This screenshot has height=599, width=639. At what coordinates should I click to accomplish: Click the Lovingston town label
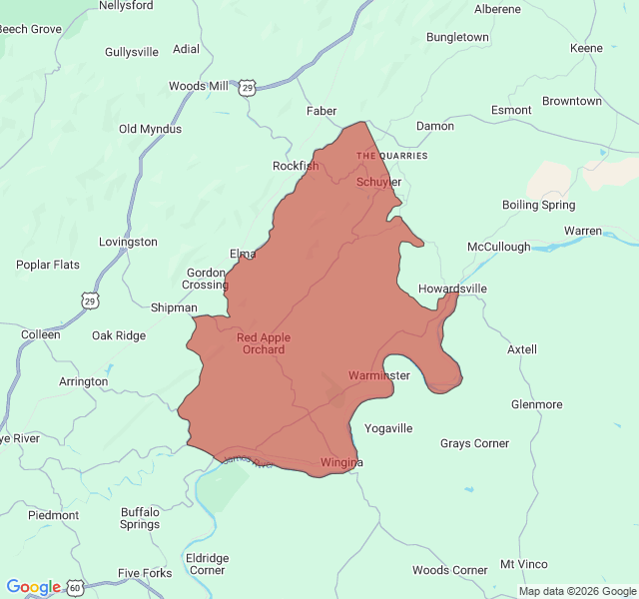pyautogui.click(x=128, y=242)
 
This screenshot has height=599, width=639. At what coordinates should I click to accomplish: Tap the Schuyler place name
pyautogui.click(x=379, y=182)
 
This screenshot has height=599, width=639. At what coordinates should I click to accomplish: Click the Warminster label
pyautogui.click(x=379, y=375)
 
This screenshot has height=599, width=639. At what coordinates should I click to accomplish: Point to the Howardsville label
pyautogui.click(x=452, y=289)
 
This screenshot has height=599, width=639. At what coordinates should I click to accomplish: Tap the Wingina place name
pyautogui.click(x=341, y=462)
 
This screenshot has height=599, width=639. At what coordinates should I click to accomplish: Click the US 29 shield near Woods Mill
pyautogui.click(x=248, y=89)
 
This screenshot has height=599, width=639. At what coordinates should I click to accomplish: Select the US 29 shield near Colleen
pyautogui.click(x=90, y=299)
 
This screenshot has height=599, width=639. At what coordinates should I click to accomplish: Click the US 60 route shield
pyautogui.click(x=76, y=588)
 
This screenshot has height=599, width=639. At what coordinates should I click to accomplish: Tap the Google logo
pyautogui.click(x=33, y=587)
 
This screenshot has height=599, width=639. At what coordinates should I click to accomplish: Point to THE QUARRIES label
pyautogui.click(x=391, y=156)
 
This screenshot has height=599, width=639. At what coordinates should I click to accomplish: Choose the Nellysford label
pyautogui.click(x=126, y=5)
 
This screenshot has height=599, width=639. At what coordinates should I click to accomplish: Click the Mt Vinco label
pyautogui.click(x=524, y=564)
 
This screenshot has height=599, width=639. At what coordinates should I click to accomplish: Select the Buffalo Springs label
pyautogui.click(x=140, y=518)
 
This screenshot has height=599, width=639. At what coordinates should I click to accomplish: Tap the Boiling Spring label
pyautogui.click(x=538, y=205)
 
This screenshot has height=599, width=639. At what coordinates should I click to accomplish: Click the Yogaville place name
pyautogui.click(x=388, y=428)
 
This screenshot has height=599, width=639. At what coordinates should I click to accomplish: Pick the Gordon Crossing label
pyautogui.click(x=205, y=279)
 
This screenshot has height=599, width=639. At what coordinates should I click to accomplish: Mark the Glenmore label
pyautogui.click(x=536, y=404)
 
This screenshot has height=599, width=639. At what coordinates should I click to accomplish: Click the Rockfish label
pyautogui.click(x=296, y=166)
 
